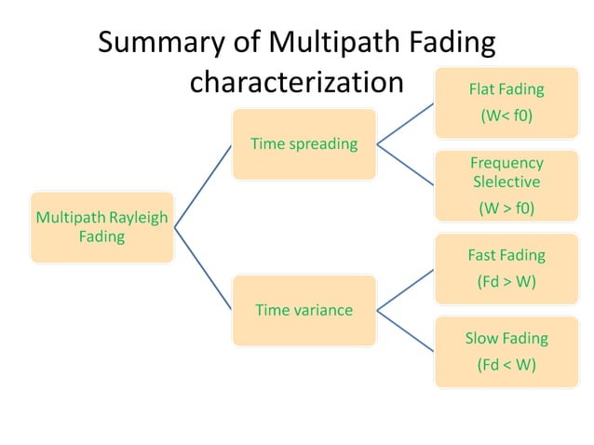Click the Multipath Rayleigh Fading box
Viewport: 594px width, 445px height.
pos(102,227)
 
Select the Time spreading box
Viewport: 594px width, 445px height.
pos(304,143)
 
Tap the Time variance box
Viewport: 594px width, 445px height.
pos(304,310)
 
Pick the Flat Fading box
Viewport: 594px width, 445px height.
pos(506,103)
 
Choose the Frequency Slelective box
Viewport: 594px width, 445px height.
pos(506,185)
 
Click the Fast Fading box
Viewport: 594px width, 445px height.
pos(506,268)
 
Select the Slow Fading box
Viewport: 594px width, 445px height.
pos(506,351)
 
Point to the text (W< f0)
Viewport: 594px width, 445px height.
pos(506,118)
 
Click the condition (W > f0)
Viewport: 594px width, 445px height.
pos(506,209)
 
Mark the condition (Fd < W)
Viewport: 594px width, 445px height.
pos(506,365)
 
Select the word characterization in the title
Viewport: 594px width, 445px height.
pos(296,82)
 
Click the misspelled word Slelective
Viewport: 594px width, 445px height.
pos(506,182)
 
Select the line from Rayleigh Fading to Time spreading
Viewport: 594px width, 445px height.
pos(203,185)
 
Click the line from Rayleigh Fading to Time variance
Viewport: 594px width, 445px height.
pos(203,268)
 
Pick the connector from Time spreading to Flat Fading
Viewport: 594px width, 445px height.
pos(405,124)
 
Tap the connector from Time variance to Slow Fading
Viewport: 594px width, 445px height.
pos(405,330)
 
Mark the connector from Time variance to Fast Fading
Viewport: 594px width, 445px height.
pos(405,290)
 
